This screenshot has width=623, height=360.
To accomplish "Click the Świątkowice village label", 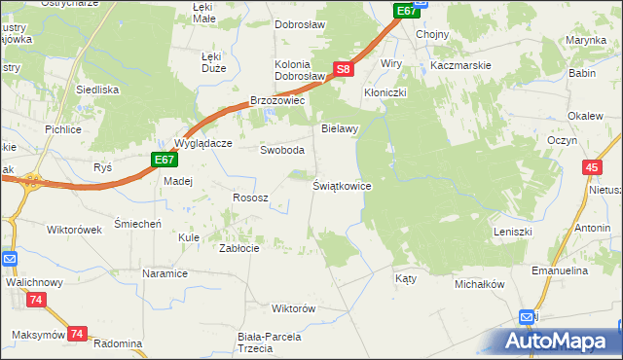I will point(342,185).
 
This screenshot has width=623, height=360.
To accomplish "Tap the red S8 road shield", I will point(343,69).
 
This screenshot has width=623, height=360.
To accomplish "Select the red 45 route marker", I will point(592,168).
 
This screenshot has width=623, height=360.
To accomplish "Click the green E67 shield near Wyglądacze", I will point(164,160).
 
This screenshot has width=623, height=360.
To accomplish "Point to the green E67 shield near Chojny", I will point(407,11).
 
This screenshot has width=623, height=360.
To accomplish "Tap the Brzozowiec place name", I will point(278,100).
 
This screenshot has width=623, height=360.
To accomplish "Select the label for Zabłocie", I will point(238,248).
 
